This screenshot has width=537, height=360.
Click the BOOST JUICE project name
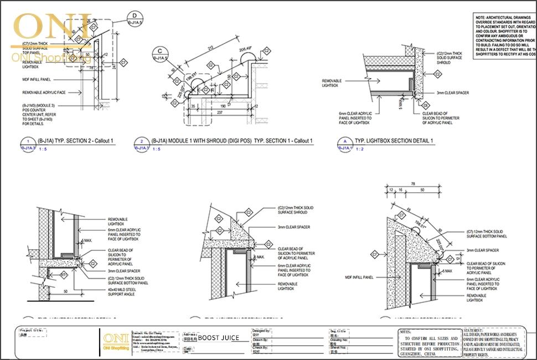(219, 337)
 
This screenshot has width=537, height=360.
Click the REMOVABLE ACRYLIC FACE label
(44, 92)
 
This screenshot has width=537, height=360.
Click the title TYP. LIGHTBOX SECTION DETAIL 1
(394, 141)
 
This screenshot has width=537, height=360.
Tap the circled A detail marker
(344, 142)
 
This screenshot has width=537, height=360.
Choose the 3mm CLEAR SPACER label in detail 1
(453, 92)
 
